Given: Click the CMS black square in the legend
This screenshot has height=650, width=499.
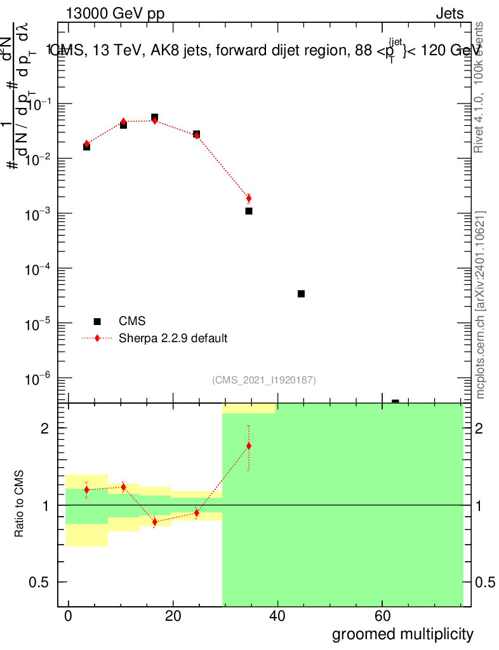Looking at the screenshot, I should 97,321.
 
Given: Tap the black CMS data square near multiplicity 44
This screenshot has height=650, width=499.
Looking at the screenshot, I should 301,293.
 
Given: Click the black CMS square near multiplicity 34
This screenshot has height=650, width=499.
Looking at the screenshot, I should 249,211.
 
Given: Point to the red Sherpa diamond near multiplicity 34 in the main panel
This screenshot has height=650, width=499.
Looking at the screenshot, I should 249,199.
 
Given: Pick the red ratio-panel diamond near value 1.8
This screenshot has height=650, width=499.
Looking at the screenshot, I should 249,446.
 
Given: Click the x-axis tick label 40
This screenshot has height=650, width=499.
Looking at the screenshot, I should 277,616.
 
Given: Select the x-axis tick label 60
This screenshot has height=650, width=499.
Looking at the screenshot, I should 382,616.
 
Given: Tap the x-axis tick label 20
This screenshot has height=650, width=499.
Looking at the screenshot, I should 173,616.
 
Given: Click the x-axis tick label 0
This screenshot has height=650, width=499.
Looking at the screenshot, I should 68,616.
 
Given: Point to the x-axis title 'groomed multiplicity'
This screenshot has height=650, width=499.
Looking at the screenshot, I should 403,633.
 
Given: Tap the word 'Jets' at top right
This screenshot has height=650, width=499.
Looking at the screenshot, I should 449,15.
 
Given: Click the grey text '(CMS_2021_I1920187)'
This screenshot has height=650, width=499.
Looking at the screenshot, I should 264,380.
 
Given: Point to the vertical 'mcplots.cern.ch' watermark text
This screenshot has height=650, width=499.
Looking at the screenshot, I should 481,305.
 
